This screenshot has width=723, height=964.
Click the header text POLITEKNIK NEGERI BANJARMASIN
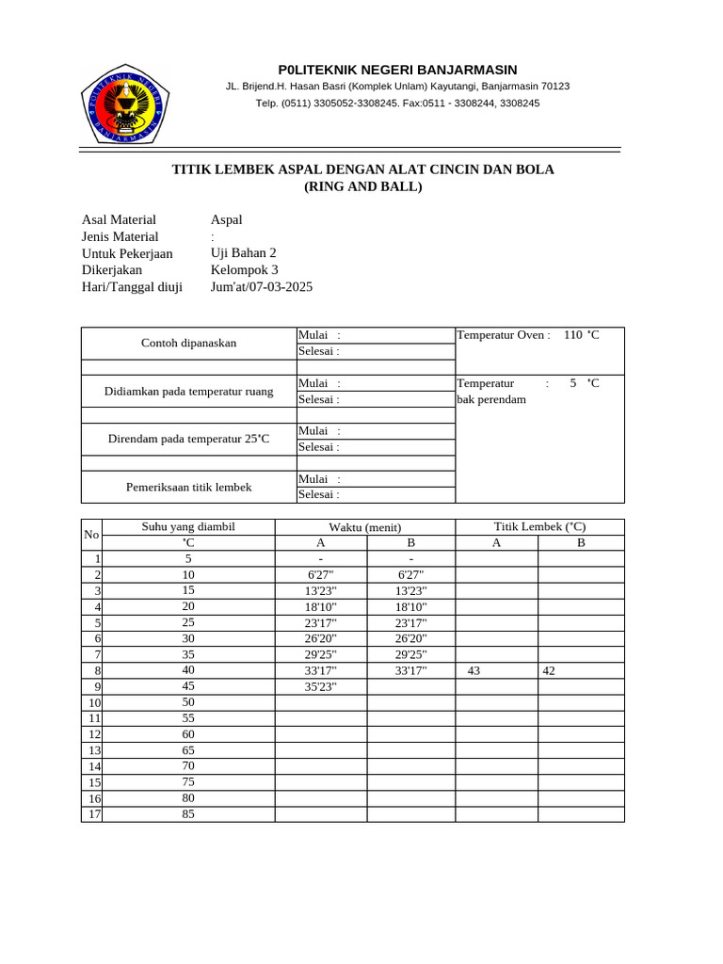pos(397,71)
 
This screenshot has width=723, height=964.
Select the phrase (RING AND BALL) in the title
pos(362,186)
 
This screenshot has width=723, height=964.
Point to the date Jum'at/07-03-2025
pos(262,287)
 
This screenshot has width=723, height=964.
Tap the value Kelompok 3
pos(245,270)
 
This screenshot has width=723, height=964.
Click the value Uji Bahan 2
pos(244,253)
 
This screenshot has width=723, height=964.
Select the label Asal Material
pos(119,219)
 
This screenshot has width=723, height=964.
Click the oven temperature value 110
pos(572,335)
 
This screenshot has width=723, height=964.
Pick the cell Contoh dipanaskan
pos(188,343)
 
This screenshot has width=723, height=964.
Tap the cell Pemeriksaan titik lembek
pos(188,487)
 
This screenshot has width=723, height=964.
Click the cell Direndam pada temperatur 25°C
pos(188,439)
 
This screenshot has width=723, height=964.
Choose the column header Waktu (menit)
pos(365,527)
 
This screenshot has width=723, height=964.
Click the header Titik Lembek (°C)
pos(539,527)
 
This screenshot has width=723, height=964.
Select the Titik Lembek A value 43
pos(474,670)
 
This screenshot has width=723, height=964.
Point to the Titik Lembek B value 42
pos(549,670)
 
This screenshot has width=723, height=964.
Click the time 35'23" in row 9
pos(321,686)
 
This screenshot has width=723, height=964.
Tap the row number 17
pos(93,813)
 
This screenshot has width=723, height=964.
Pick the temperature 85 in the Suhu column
pos(188,813)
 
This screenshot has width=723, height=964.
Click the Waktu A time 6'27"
pos(321,574)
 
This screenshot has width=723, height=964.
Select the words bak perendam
pos(491,399)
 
